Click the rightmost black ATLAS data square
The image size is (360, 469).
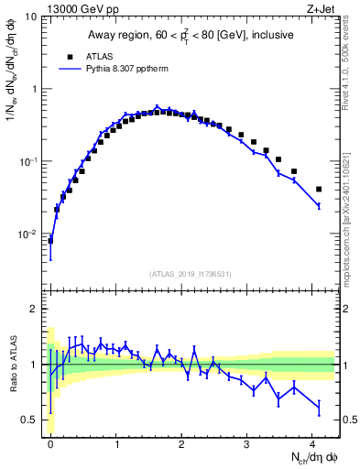(319, 190)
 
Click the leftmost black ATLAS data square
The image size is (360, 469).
(50, 241)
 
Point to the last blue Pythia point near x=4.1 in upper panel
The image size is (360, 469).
(319, 206)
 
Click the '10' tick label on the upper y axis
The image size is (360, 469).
(31, 17)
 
